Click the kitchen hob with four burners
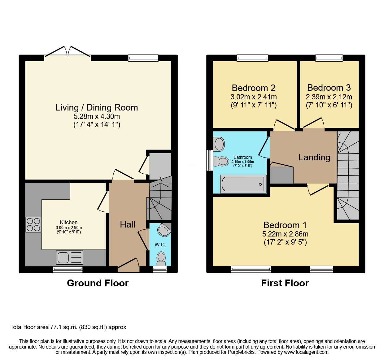point(33,224)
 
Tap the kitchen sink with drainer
point(70,257)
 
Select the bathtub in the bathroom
point(243,184)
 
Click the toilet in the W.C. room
point(161,259)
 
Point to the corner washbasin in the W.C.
point(164,230)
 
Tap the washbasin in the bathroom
point(219,144)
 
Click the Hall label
point(127,224)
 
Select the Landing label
point(314,158)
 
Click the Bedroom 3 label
point(329,88)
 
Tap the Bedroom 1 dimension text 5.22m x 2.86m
point(285,234)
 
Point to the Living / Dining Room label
point(97,108)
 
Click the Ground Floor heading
point(98,283)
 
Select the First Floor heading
point(285,283)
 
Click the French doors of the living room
point(68,52)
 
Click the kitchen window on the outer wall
point(68,270)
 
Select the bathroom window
point(210,160)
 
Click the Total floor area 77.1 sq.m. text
point(68,327)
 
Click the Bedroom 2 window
point(253,58)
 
